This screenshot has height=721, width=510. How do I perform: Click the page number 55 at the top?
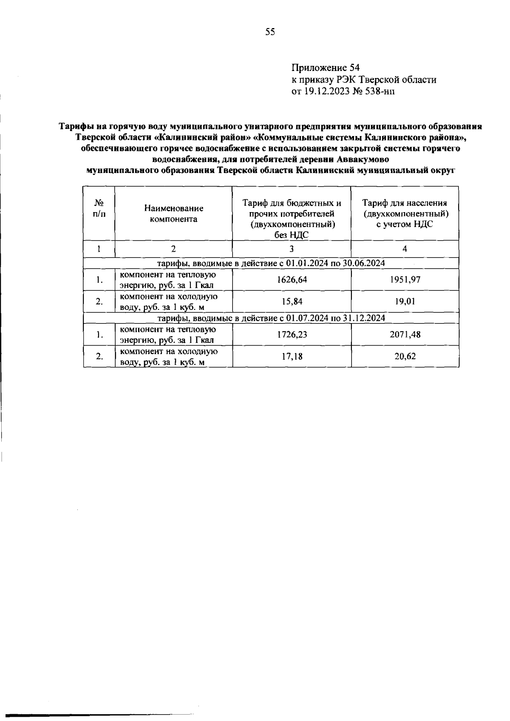(270, 32)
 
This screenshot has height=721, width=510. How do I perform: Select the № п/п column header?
(99, 208)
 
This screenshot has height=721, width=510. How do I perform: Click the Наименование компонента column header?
(173, 214)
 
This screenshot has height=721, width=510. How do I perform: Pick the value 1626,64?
(292, 280)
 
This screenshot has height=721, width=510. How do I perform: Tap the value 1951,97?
(405, 280)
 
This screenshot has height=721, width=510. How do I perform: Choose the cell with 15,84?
(292, 302)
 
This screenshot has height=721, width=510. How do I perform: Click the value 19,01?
(405, 302)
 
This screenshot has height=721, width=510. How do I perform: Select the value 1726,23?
(292, 335)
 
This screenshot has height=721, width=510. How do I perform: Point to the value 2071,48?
(405, 335)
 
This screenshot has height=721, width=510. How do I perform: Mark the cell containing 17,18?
(292, 356)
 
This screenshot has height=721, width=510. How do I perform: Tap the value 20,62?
(405, 356)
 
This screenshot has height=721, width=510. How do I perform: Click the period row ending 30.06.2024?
(271, 263)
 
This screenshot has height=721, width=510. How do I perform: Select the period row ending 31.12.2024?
(271, 318)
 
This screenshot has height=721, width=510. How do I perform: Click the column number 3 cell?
(292, 249)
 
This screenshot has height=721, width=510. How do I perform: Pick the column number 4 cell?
(405, 249)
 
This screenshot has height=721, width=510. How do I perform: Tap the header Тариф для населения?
(405, 203)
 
